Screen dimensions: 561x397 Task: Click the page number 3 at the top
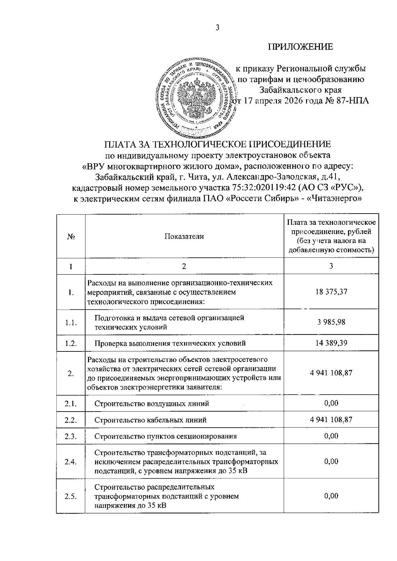pos(217,28)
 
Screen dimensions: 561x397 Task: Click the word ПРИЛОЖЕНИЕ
pos(300,47)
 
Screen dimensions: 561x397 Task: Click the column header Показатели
pos(184,236)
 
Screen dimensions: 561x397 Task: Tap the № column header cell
pos(70,237)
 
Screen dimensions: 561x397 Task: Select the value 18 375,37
pos(331,292)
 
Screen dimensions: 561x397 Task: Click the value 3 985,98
pos(331,322)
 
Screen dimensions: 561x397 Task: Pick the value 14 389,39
pos(331,343)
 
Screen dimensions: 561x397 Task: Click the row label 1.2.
pos(71,343)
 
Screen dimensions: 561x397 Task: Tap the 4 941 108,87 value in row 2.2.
pos(331,420)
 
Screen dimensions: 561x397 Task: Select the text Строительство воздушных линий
pos(152,403)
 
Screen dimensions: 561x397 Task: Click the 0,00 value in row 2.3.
pos(331,436)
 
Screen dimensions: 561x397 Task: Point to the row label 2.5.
pos(71,496)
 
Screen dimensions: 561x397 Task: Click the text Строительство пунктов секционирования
pos(165,436)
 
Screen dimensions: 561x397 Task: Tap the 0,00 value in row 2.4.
pos(331,461)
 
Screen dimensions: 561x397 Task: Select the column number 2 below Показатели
pos(184,266)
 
